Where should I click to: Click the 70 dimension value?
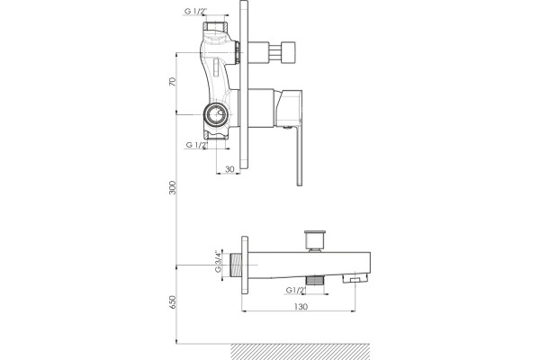coord(172,82)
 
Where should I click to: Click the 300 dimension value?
coord(172,187)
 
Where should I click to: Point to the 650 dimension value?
coord(172,301)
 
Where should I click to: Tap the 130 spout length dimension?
coord(301,306)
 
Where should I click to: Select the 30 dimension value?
coord(229,169)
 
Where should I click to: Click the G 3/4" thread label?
coord(218,261)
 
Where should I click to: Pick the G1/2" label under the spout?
coord(296,290)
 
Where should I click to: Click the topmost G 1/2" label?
coord(196,11)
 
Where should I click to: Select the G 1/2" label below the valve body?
coord(197,145)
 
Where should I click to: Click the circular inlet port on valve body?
coord(215,114)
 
